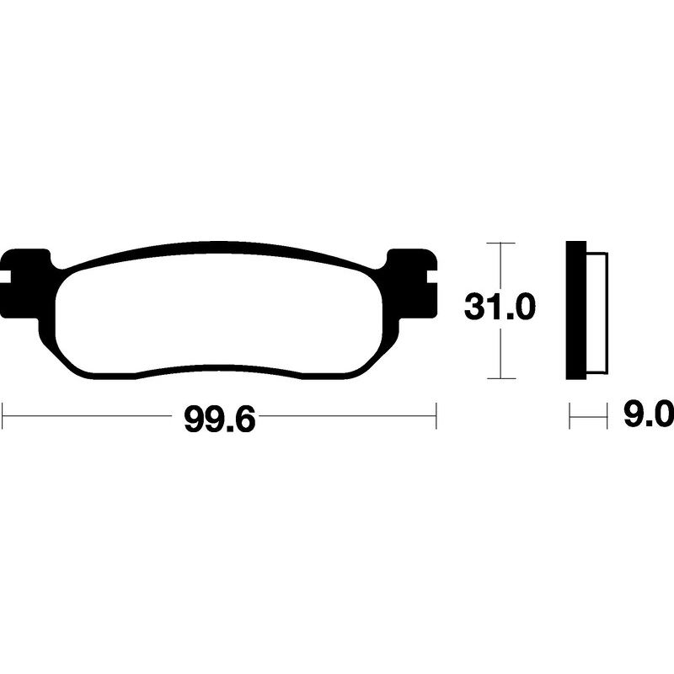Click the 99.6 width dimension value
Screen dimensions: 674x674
(220, 420)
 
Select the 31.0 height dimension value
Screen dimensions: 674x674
(500, 308)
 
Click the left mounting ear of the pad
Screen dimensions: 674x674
(24, 284)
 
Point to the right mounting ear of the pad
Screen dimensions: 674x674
(413, 284)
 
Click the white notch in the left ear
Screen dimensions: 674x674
(5, 277)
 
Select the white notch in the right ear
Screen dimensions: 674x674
(432, 277)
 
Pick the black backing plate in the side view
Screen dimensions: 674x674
(576, 310)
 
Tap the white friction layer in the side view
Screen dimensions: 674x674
(596, 312)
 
